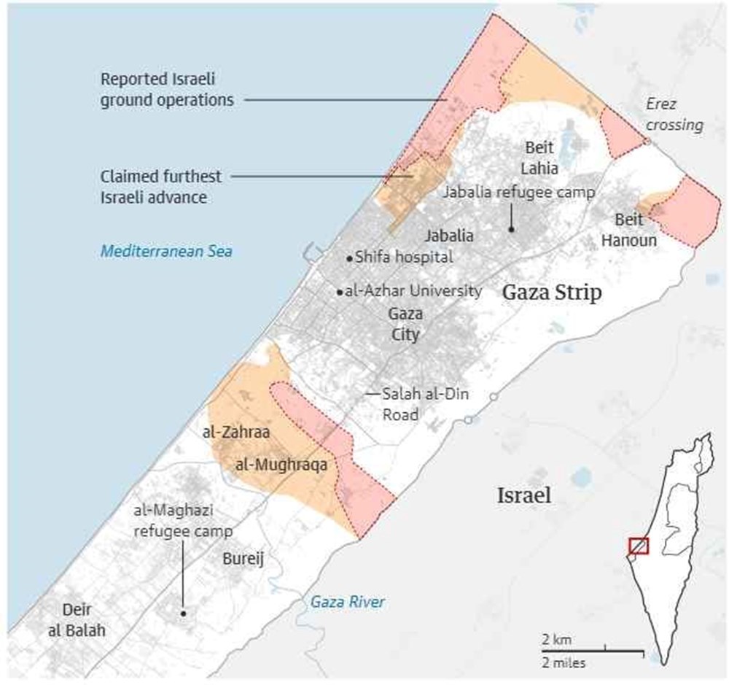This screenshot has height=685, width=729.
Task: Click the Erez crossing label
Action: tap(674, 115)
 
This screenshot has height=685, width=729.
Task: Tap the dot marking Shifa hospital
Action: tap(350, 258)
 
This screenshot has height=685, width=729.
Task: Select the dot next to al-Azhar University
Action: tap(340, 292)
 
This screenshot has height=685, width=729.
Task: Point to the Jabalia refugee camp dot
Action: tap(512, 229)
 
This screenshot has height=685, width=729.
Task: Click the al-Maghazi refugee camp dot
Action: tap(184, 614)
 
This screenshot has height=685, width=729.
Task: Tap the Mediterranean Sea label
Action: tap(166, 252)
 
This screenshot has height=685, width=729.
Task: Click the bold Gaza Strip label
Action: tap(552, 293)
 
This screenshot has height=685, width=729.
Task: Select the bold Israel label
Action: tap(523, 496)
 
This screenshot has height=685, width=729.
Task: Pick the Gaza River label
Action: tap(348, 602)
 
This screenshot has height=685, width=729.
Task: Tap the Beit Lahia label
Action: tap(541, 158)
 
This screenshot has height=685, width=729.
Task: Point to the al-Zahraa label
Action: tap(237, 433)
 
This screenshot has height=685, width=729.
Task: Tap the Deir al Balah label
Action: tap(77, 620)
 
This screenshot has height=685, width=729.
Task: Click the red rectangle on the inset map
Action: tap(639, 545)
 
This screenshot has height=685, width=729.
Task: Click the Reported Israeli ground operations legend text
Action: tap(168, 89)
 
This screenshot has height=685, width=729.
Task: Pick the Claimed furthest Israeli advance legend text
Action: tap(162, 187)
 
